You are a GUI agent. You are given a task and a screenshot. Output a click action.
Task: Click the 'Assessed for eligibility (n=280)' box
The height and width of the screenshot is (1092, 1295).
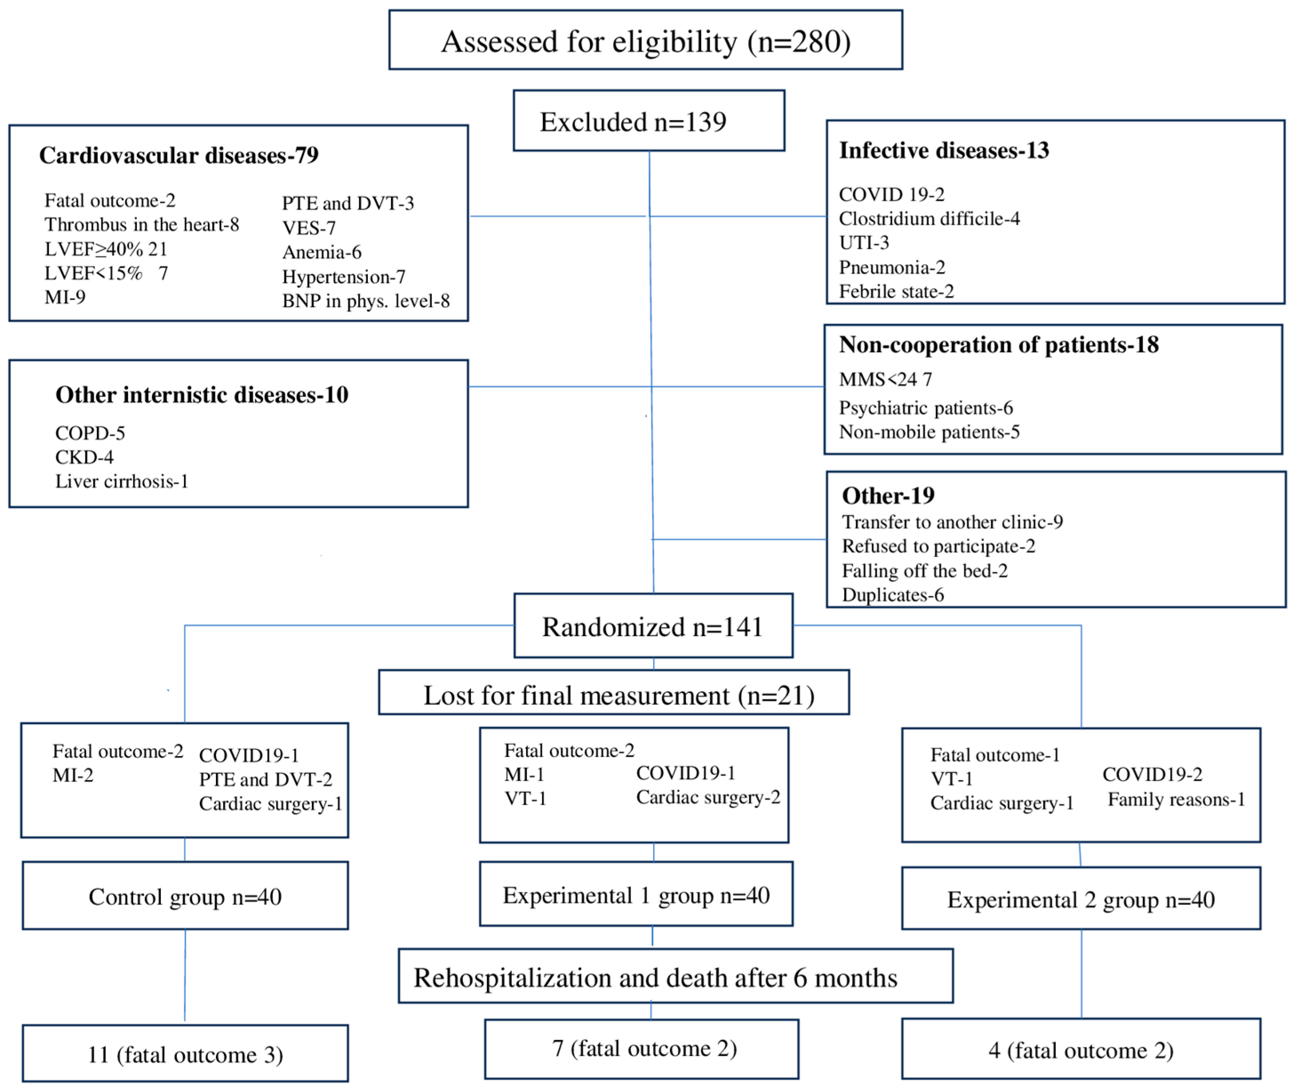pos(646,41)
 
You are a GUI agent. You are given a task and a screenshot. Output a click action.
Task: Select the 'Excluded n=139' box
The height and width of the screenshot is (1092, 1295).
pos(649,121)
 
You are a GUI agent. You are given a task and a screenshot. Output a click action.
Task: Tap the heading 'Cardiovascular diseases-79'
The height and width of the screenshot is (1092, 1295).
pos(179,155)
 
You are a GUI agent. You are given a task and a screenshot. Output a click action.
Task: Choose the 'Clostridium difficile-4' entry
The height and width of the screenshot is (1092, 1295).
pos(929,219)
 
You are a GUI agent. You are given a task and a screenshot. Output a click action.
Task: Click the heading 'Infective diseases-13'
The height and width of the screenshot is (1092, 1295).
pos(944,151)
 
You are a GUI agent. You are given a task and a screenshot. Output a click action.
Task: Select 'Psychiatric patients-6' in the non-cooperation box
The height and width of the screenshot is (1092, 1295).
pos(926,408)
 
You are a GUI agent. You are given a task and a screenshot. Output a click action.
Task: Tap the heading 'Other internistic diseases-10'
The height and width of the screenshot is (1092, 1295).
pos(202,395)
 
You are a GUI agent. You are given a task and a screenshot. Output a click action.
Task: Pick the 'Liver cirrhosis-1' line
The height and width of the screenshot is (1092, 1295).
pos(122,482)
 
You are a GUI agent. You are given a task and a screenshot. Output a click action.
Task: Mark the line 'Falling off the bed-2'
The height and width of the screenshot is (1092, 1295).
pos(925,571)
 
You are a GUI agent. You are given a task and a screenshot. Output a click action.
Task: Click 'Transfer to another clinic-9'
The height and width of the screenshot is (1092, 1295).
pos(952,522)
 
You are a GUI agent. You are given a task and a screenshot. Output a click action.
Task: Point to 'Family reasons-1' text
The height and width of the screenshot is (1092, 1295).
pos(1176,800)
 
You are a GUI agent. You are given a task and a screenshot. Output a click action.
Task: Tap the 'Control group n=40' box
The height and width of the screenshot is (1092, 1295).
pos(185,897)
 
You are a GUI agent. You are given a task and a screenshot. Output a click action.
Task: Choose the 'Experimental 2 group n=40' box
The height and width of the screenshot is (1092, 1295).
pos(1081,900)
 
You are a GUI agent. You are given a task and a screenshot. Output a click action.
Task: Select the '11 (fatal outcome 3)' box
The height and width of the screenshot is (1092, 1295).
pos(185,1055)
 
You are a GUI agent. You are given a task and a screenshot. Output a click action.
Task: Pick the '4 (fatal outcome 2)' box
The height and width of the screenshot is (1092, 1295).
pos(1081,1051)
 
